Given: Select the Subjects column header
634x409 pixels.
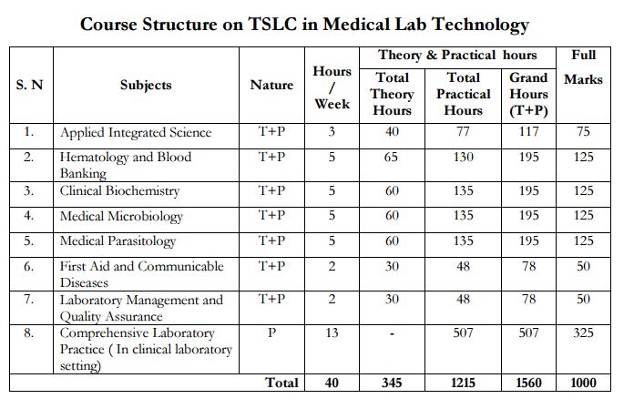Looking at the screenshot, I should coord(146,85).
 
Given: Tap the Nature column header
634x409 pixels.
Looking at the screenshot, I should coord(271,85).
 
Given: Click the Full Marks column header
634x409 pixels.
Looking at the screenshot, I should coord(583,67).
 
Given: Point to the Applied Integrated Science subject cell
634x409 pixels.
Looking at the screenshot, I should coord(136,133).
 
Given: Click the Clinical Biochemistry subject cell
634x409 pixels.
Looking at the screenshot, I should coord(119,191).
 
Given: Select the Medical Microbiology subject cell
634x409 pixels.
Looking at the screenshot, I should coord(121,217).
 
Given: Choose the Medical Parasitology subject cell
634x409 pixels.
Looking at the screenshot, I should coord(118,241).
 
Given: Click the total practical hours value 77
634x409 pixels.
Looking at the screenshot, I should coord(464,132).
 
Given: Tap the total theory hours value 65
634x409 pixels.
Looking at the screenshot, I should coord(392,158).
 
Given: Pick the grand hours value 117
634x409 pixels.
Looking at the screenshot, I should coord(528,132).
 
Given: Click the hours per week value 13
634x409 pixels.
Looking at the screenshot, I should coord(332,333).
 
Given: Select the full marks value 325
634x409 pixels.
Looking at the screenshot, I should coord(584,333).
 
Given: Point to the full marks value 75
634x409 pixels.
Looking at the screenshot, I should coord(584,132).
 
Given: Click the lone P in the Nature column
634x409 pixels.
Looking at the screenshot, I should coord(271,333).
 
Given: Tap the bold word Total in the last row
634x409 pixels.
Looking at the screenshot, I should coord(281,383).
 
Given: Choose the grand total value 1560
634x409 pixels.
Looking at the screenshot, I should coord(528,383).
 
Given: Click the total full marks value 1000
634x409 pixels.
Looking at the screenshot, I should coord(583,383).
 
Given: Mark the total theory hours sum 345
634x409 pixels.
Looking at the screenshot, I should coord(392,383).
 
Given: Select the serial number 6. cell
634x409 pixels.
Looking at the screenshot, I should coord(29,266).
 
